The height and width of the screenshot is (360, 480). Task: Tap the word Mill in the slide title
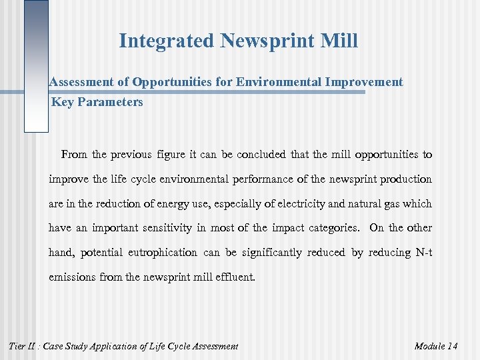tap(338, 41)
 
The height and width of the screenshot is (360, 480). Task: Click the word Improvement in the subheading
tap(363, 82)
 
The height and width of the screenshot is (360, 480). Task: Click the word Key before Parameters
tap(62, 102)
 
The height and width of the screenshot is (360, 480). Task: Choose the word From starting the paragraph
tap(75, 155)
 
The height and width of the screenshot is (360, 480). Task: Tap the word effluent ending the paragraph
tap(235, 277)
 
